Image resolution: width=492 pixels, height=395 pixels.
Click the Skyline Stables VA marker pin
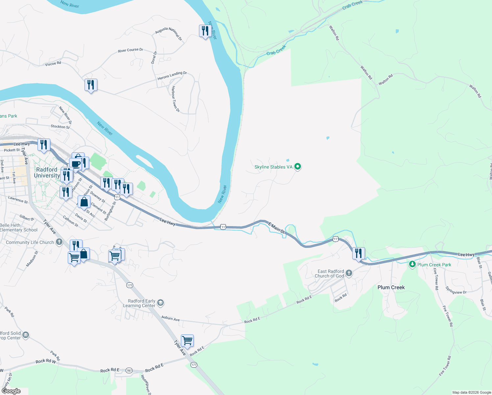[x=298, y=167]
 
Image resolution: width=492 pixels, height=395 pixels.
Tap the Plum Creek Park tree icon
[x=412, y=264]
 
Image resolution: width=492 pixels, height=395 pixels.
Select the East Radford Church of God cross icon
[x=349, y=273]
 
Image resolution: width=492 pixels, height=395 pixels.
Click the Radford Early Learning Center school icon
[x=160, y=303]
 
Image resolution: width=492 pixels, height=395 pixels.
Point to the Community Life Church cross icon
[x=59, y=242]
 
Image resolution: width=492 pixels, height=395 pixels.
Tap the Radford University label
[x=47, y=172]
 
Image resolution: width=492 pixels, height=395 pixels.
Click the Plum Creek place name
[x=391, y=287]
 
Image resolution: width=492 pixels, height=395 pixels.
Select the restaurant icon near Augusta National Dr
[x=205, y=31]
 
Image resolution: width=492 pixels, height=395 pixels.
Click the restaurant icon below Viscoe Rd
[x=90, y=85]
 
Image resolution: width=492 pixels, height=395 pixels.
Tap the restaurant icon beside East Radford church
[x=358, y=253]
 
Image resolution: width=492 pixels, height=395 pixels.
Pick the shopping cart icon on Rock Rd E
[x=187, y=340]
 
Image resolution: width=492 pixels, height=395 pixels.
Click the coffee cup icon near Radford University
[x=75, y=164]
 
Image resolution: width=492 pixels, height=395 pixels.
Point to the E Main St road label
[x=276, y=228]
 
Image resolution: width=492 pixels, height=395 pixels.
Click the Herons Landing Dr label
[x=172, y=76]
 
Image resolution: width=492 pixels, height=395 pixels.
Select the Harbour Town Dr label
[x=176, y=99]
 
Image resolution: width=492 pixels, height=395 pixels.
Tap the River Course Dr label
[x=130, y=50]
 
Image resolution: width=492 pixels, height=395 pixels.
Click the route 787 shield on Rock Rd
[x=129, y=370]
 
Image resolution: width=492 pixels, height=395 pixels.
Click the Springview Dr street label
[x=456, y=290]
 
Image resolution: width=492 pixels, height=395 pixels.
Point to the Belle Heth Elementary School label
[x=19, y=227]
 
